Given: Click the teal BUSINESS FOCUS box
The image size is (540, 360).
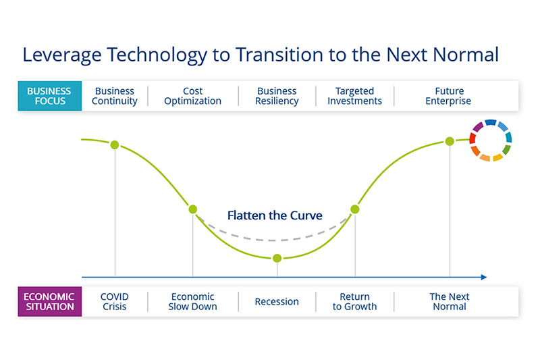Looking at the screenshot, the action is pyautogui.click(x=49, y=96).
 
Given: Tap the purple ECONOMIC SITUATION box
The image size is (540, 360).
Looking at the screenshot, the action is pyautogui.click(x=49, y=301).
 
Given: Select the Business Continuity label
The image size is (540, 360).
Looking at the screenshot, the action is pyautogui.click(x=115, y=96).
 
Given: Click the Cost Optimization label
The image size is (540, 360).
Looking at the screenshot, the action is pyautogui.click(x=192, y=96).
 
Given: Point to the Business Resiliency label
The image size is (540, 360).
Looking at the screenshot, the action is pyautogui.click(x=277, y=96).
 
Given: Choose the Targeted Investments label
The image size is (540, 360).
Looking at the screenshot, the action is pyautogui.click(x=355, y=96).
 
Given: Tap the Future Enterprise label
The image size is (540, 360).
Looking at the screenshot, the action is pyautogui.click(x=448, y=96).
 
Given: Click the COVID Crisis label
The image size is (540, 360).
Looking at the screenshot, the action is pyautogui.click(x=115, y=301).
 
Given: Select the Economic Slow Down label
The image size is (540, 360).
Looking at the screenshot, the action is pyautogui.click(x=192, y=301).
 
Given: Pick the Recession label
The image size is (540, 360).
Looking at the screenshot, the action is pyautogui.click(x=277, y=301).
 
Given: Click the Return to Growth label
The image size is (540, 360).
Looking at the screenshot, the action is pyautogui.click(x=355, y=301).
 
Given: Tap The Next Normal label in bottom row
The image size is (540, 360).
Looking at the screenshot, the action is pyautogui.click(x=450, y=301).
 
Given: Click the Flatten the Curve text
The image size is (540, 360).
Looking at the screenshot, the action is pyautogui.click(x=275, y=215).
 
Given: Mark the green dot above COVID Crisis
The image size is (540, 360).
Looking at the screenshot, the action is pyautogui.click(x=115, y=145).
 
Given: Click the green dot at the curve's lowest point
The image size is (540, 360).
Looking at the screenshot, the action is pyautogui.click(x=277, y=258).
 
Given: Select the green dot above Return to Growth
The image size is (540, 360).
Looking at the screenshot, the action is pyautogui.click(x=355, y=209).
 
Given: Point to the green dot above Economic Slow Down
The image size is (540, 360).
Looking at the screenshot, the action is pyautogui.click(x=193, y=209).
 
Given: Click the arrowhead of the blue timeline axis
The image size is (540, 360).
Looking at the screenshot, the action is pyautogui.click(x=484, y=277).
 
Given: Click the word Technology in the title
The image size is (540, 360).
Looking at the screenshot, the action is pyautogui.click(x=157, y=55).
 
